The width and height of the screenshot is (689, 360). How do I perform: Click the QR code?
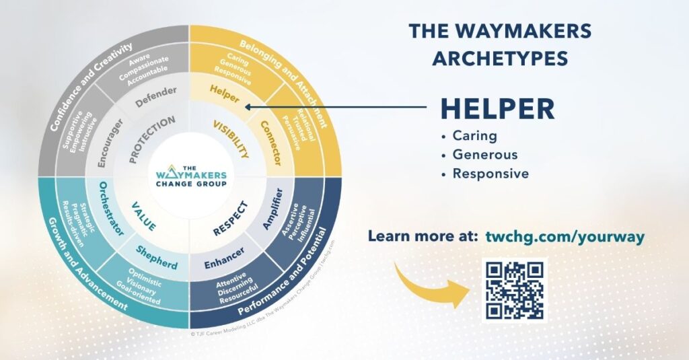(515, 289)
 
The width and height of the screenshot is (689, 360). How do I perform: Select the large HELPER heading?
(498, 109)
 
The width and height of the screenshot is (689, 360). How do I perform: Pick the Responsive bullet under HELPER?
(491, 174)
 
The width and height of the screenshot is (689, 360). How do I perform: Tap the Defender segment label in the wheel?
(156, 96)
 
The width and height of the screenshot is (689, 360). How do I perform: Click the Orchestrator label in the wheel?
(111, 209)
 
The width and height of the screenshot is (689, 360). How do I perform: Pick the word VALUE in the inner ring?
(144, 217)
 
